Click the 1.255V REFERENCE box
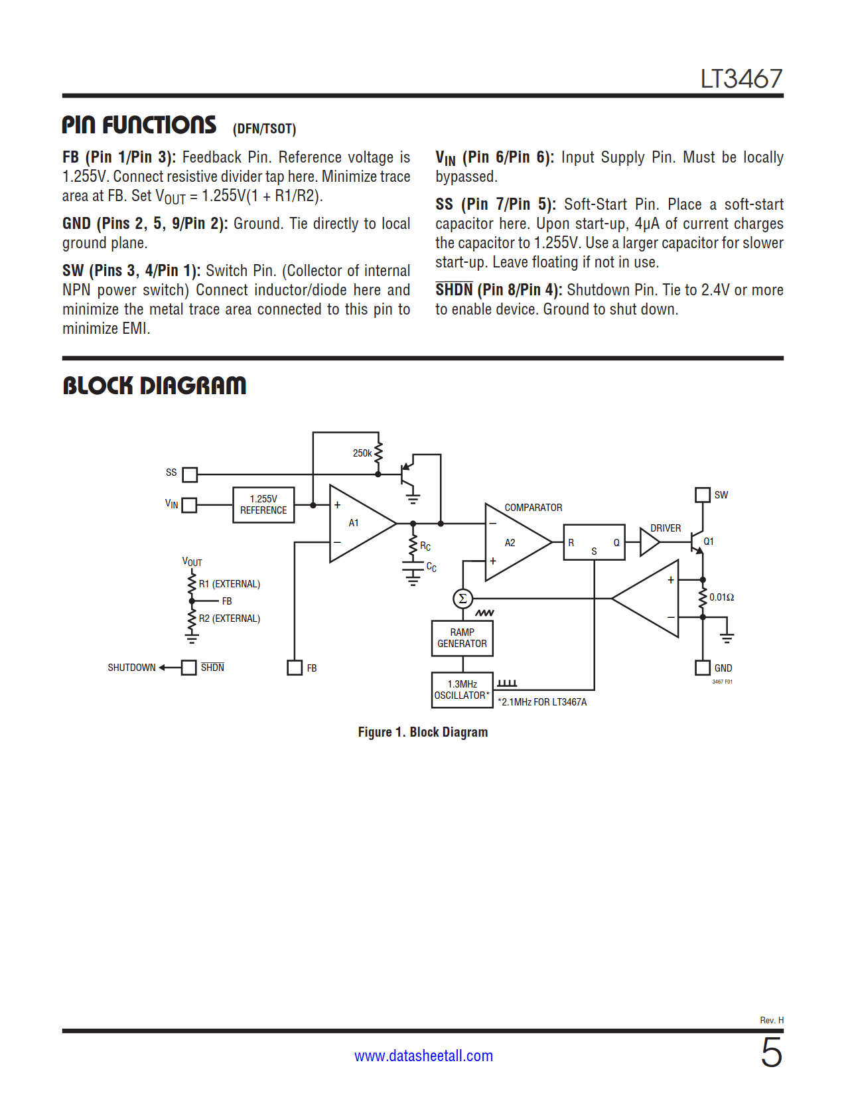[263, 505]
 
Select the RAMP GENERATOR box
[462, 638]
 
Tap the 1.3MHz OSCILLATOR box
[462, 690]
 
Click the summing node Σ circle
[462, 599]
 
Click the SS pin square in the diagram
[190, 475]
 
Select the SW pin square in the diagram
[702, 495]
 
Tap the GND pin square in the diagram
[702, 668]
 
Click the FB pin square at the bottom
[295, 668]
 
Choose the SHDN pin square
[189, 668]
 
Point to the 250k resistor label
[362, 453]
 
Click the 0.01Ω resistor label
[721, 597]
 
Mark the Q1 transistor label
[709, 542]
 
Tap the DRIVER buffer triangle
[648, 543]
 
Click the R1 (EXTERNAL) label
[230, 584]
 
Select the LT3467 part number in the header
[741, 79]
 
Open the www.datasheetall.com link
[423, 1056]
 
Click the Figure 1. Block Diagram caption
[423, 732]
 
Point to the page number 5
[771, 1053]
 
